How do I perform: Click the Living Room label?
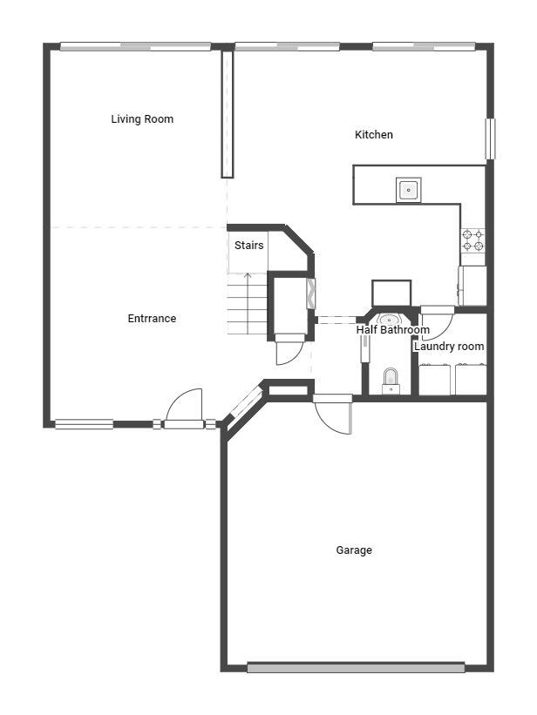(x=142, y=119)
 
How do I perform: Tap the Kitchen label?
(x=373, y=135)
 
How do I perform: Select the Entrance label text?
(x=152, y=319)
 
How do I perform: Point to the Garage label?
(x=354, y=550)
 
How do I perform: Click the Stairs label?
(x=248, y=246)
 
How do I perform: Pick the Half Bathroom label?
(x=392, y=331)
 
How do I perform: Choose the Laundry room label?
(x=449, y=347)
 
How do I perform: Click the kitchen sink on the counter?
(x=408, y=189)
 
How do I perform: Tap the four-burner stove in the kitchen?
(x=472, y=240)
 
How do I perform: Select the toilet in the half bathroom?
(x=391, y=380)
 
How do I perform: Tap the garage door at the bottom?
(x=355, y=668)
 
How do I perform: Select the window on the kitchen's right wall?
(x=490, y=138)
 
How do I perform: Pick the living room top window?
(x=135, y=46)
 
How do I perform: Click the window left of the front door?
(x=84, y=424)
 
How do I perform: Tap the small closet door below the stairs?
(x=289, y=350)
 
